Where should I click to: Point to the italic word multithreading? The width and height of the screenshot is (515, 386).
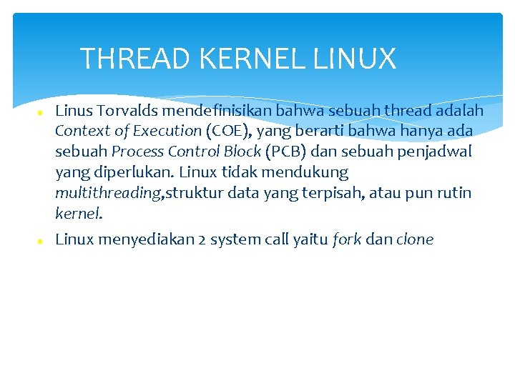pos(109,193)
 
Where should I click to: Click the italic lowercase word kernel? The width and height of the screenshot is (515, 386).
pos(79,213)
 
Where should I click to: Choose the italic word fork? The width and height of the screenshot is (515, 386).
pos(347,239)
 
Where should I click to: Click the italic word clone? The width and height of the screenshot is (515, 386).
pos(415,239)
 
